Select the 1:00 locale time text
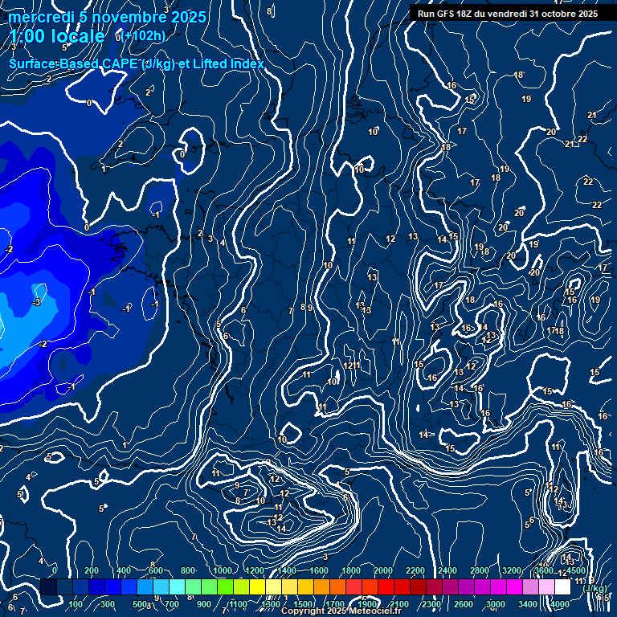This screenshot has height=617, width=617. pyautogui.click(x=57, y=36)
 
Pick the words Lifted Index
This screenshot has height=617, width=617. pyautogui.click(x=227, y=63)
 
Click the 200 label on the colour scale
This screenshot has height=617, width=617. pyautogui.click(x=92, y=570)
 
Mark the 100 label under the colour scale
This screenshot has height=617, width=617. pyautogui.click(x=76, y=604)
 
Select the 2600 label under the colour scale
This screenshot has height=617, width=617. pyautogui.click(x=464, y=604)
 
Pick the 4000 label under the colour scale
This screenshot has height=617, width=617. pyautogui.click(x=560, y=604)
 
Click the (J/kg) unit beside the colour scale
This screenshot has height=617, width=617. pyautogui.click(x=595, y=589)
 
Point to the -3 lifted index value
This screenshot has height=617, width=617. pyautogui.click(x=35, y=302)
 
